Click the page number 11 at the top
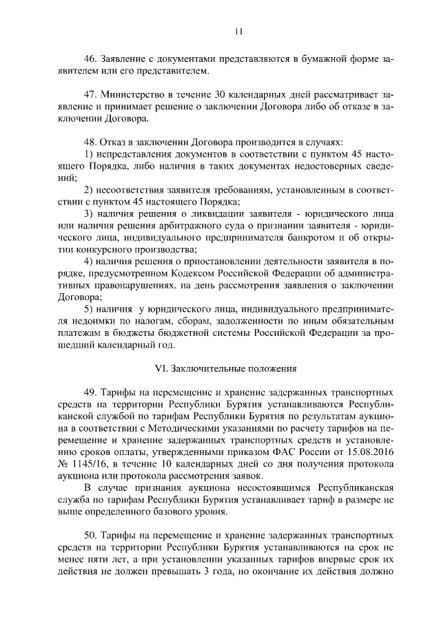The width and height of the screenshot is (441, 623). tap(238, 30)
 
